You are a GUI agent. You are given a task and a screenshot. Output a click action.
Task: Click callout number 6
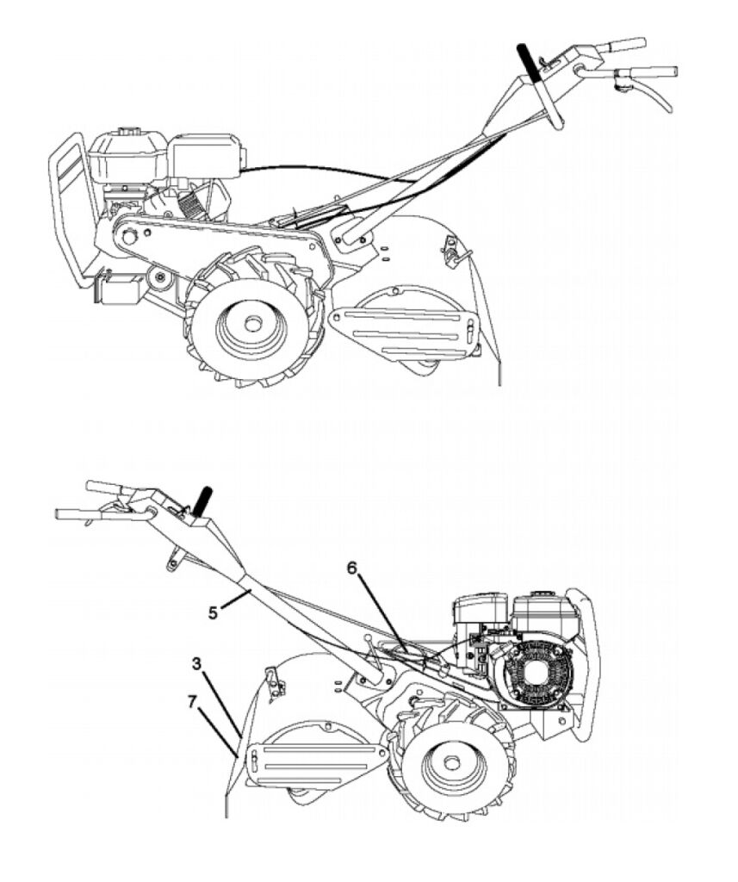(x=351, y=568)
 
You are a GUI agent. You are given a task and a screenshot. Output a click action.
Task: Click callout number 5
(x=213, y=612)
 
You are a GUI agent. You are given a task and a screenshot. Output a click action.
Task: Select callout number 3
(x=196, y=664)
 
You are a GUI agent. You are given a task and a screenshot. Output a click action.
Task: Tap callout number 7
(x=192, y=701)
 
